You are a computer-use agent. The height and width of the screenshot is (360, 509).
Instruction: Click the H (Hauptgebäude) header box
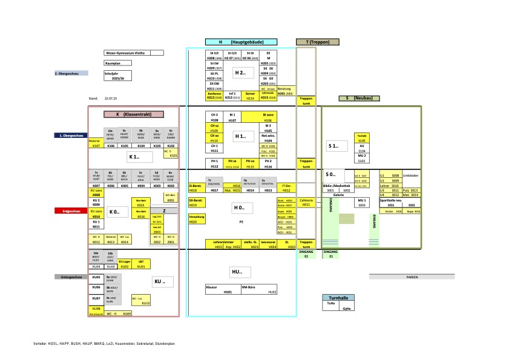(241, 42)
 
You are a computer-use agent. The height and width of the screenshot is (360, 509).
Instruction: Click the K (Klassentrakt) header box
(134, 114)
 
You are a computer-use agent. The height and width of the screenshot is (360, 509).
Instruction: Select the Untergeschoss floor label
(71, 277)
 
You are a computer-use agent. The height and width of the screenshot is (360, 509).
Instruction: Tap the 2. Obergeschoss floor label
(71, 73)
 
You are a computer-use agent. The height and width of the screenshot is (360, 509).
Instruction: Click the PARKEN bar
(412, 277)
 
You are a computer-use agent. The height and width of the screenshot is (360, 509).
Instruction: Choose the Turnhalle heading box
(338, 298)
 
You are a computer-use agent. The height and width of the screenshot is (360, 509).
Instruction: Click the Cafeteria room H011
(306, 202)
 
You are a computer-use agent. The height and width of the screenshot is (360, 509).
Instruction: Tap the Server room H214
(250, 95)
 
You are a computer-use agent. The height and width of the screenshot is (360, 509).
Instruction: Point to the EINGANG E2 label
(306, 254)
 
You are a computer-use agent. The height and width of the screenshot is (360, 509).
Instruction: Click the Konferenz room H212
(214, 95)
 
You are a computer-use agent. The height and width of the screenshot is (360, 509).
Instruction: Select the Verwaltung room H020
(196, 219)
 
